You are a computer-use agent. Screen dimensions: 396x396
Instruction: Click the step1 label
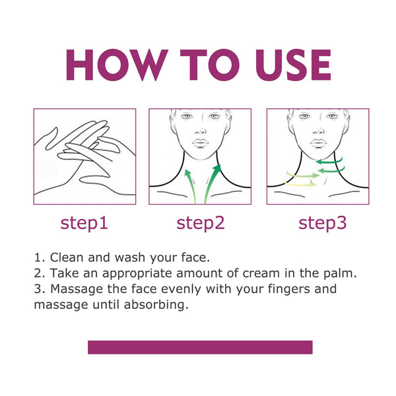pyautogui.click(x=84, y=223)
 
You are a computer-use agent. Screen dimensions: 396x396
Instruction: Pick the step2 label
pyautogui.click(x=201, y=223)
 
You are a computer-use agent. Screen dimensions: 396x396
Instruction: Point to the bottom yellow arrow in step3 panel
pyautogui.click(x=300, y=184)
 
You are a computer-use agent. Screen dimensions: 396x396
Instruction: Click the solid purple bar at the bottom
pyautogui.click(x=200, y=347)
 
